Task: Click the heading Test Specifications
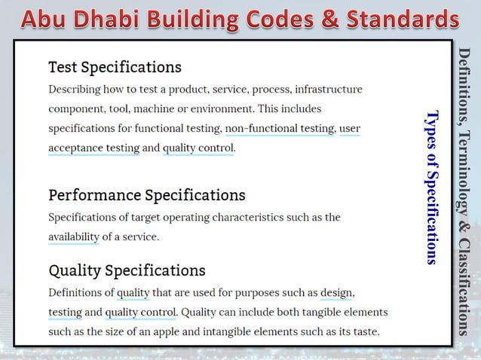[x=115, y=67]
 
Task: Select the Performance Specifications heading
[x=146, y=195]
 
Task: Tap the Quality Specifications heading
[x=127, y=270]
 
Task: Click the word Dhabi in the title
[x=124, y=18]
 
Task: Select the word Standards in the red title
[x=404, y=18]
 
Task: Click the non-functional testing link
[x=279, y=128]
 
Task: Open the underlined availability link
[x=73, y=236]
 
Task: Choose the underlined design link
[x=336, y=292]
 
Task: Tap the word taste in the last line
[x=363, y=331]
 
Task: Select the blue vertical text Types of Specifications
[x=432, y=188]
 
